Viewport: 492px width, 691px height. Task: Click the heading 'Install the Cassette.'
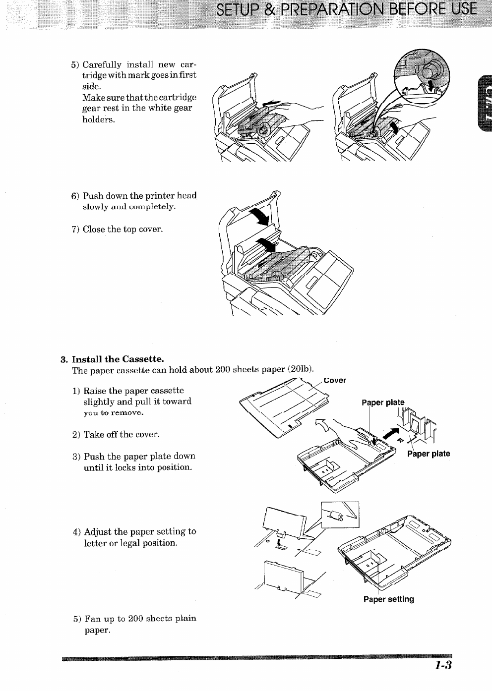point(118,359)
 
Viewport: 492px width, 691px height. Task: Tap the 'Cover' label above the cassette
point(335,380)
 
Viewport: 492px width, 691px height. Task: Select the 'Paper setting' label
point(388,599)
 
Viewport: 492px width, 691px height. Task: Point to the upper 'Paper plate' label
point(383,402)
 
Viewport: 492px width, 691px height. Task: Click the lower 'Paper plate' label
point(429,454)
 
